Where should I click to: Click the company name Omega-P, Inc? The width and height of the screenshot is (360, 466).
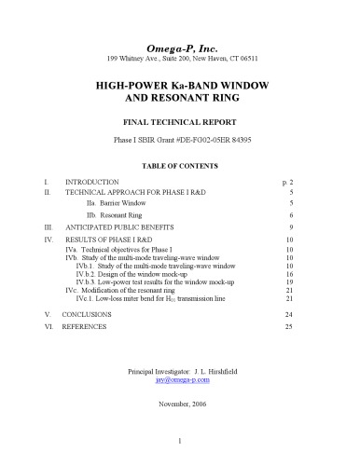pyautogui.click(x=179, y=46)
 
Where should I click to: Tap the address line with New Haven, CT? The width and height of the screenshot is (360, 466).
pyautogui.click(x=179, y=58)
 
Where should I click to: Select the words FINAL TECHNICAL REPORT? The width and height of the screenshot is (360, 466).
pyautogui.click(x=179, y=123)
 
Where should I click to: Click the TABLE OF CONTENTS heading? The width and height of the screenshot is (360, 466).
pyautogui.click(x=179, y=165)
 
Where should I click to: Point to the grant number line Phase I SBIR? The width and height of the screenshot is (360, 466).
pyautogui.click(x=179, y=142)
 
